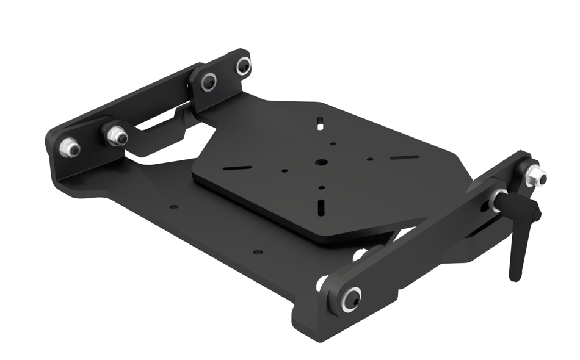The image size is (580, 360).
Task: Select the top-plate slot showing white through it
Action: [319, 122]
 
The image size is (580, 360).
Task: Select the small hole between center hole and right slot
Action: [370, 160]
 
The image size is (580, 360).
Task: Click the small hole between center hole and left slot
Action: [285, 171]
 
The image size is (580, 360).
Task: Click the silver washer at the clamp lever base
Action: [496, 200]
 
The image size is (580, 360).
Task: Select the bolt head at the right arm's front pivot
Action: [352, 298]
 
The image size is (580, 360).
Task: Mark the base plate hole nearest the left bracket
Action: [174, 207]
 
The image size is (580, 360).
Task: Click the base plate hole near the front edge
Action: [257, 251]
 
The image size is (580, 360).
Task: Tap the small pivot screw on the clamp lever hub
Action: [535, 217]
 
